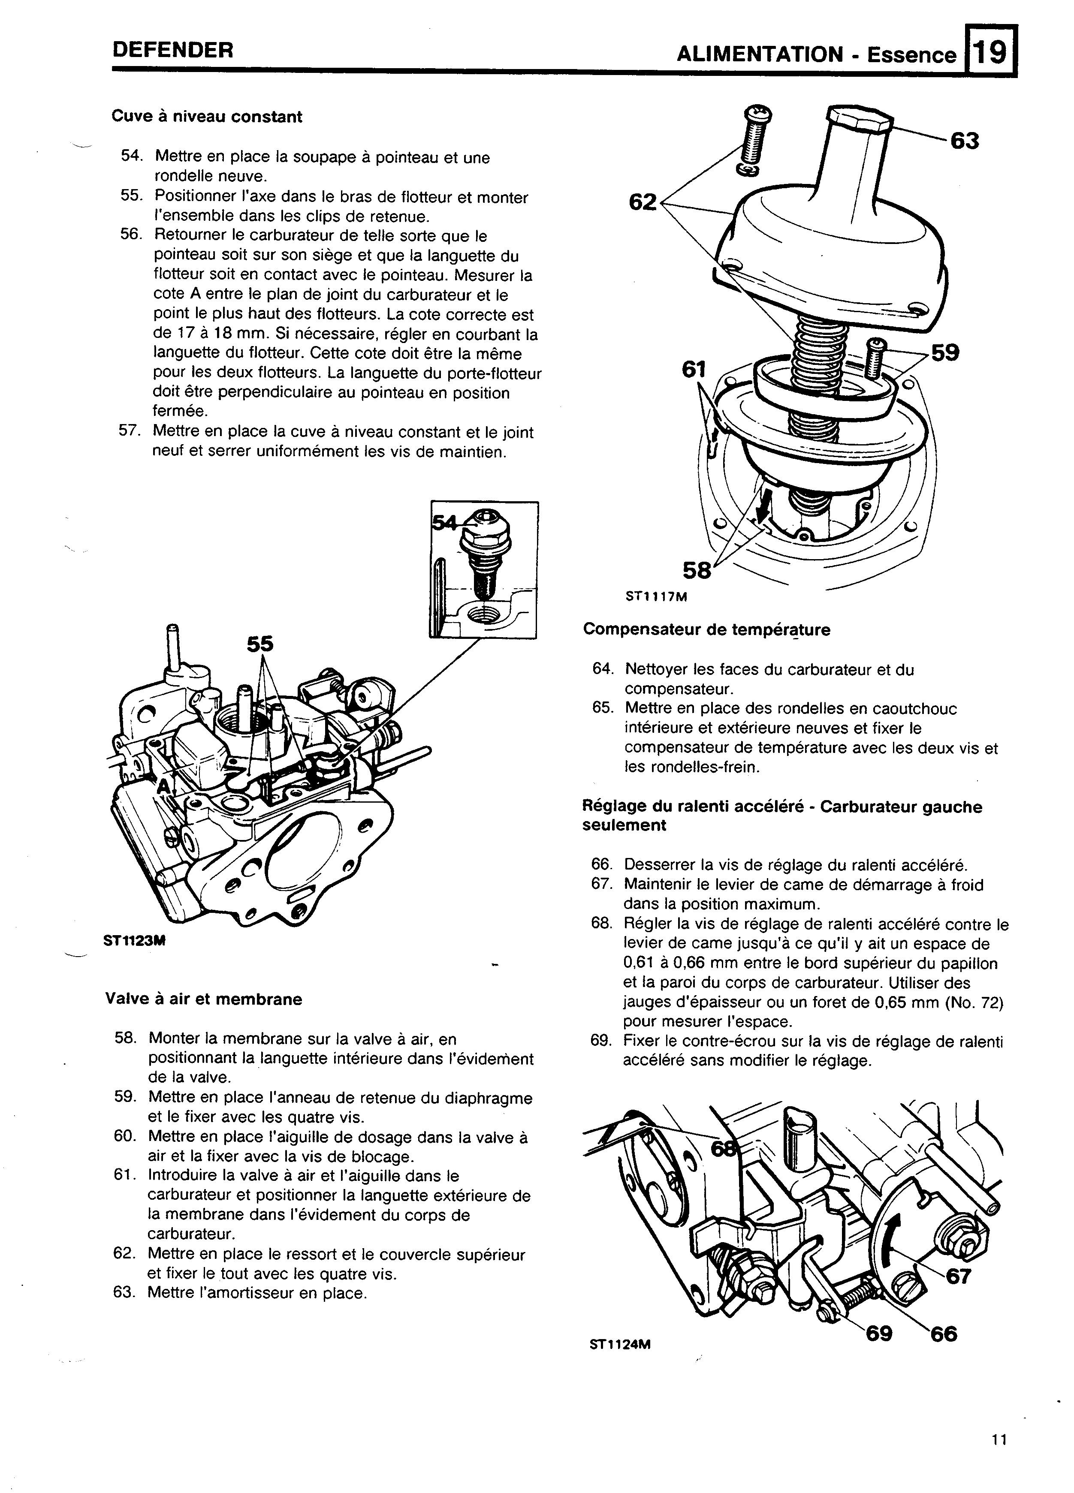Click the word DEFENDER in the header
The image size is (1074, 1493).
(172, 50)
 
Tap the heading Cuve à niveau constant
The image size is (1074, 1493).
(207, 117)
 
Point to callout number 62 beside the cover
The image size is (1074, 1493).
(643, 202)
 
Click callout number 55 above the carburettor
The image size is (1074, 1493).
(260, 644)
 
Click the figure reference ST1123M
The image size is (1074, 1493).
(134, 941)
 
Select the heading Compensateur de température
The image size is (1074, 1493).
(706, 630)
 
